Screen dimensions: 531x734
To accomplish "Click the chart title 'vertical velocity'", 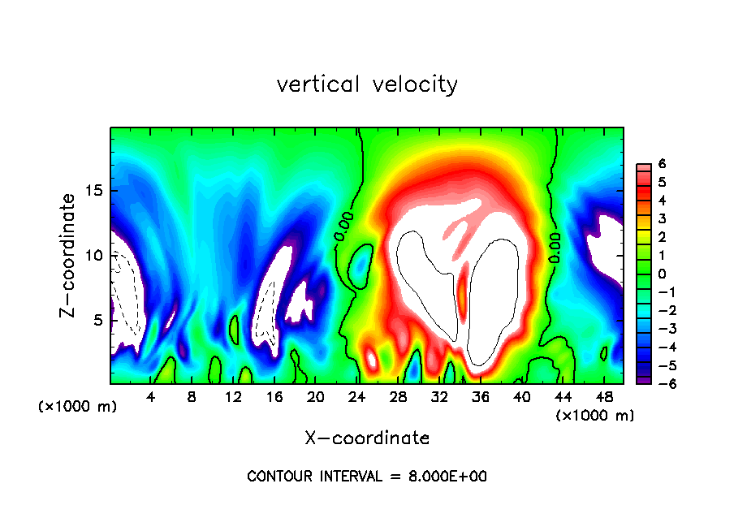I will (367, 84).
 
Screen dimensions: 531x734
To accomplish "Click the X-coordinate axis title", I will (367, 438).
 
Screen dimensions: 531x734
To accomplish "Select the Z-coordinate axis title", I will (71, 255).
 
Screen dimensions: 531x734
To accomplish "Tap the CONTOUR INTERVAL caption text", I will (367, 477).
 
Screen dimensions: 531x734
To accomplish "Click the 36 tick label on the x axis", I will (481, 397).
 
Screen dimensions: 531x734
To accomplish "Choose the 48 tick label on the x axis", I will (604, 397).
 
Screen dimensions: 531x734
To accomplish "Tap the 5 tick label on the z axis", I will (97, 320).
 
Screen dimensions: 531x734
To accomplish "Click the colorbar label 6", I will (662, 164).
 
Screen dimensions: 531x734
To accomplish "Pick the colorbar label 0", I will (662, 274).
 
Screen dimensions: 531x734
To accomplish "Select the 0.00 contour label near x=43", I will (555, 248).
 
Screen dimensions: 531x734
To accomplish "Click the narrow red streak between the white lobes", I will (464, 292).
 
